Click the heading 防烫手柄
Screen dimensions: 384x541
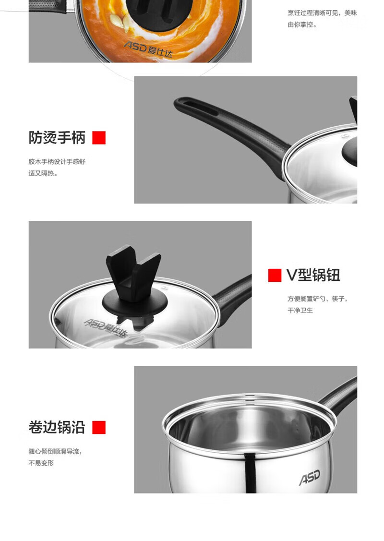pyautogui.click(x=57, y=138)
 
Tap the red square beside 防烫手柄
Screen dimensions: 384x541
pyautogui.click(x=99, y=138)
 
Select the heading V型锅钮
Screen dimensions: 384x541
pyautogui.click(x=313, y=276)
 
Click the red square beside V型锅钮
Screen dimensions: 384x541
pyautogui.click(x=275, y=276)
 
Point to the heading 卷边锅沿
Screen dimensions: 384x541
pyautogui.click(x=57, y=427)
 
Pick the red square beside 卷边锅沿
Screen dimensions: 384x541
pyautogui.click(x=99, y=427)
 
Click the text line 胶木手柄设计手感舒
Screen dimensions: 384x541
pyautogui.click(x=57, y=161)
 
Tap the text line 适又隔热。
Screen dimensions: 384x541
pyautogui.click(x=43, y=173)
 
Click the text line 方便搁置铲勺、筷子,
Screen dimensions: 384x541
pyautogui.click(x=317, y=299)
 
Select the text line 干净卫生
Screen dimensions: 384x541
pyautogui.click(x=300, y=310)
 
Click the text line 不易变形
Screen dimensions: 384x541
pyautogui.click(x=41, y=463)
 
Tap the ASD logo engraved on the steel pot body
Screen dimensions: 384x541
pyautogui.click(x=310, y=477)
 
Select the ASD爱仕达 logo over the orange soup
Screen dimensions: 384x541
pyautogui.click(x=148, y=49)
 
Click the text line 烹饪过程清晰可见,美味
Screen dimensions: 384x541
pyautogui.click(x=322, y=13)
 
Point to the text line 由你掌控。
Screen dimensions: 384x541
pyautogui.click(x=302, y=24)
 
